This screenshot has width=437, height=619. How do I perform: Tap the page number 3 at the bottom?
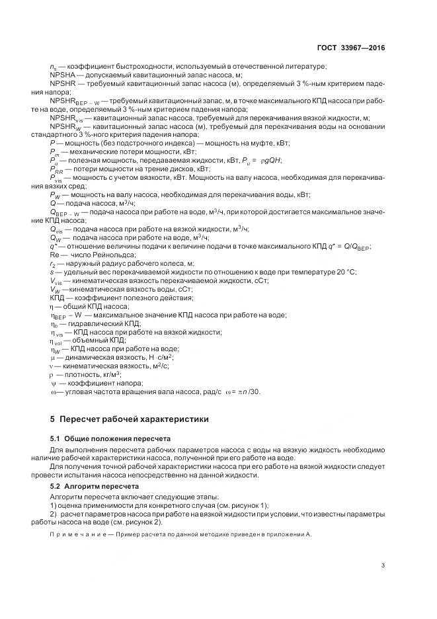(x=383, y=563)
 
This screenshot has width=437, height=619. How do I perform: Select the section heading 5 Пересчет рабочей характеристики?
(x=130, y=419)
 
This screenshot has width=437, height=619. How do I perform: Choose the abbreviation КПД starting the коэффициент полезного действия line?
(x=58, y=298)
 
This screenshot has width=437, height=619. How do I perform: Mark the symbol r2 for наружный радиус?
(x=54, y=263)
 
